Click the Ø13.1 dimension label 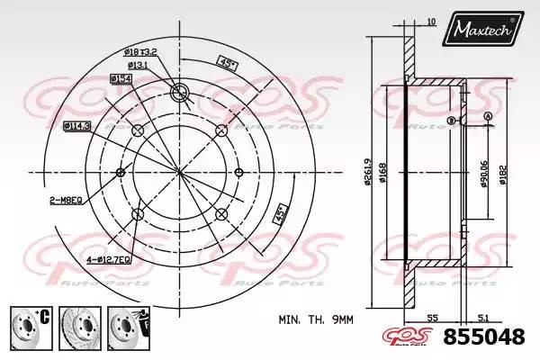tap(138, 66)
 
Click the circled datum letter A tap(487, 117)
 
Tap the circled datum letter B tap(451, 120)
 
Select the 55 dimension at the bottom tap(434, 318)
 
